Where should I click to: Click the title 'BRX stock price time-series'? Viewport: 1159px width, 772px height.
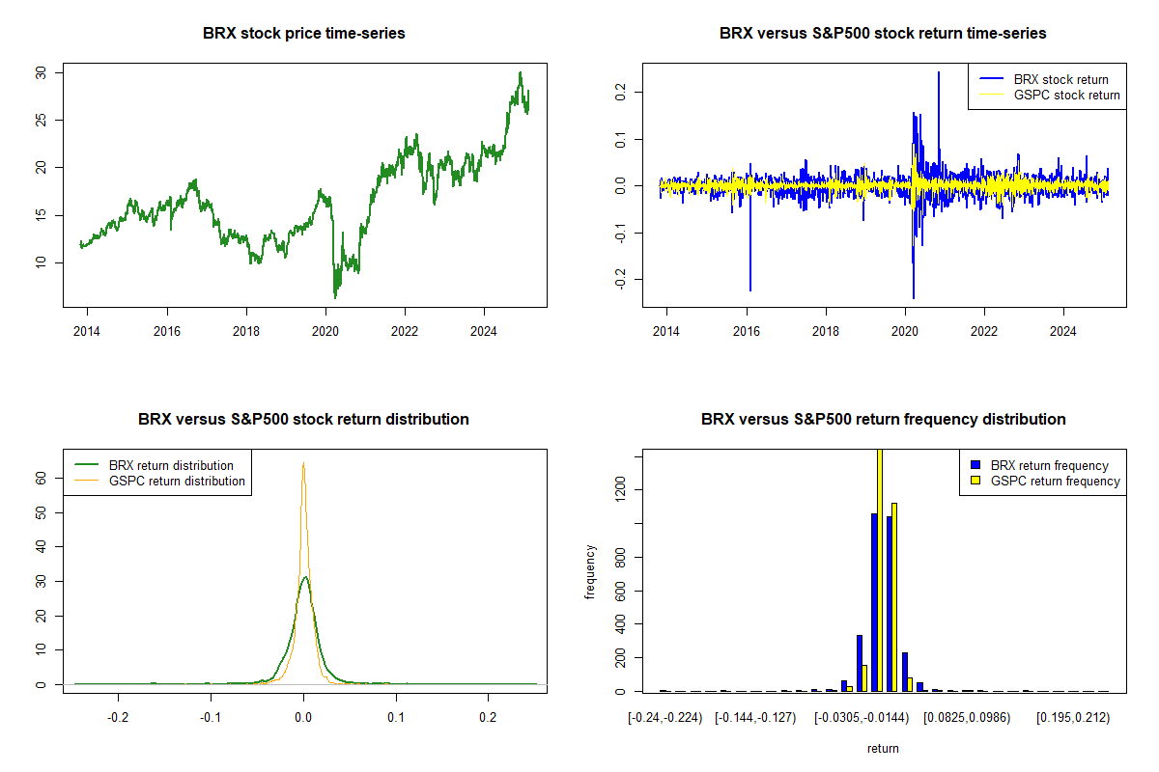click(x=304, y=33)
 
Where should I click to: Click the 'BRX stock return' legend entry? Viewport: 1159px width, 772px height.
click(x=1060, y=79)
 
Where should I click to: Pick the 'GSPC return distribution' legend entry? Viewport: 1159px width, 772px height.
click(x=177, y=481)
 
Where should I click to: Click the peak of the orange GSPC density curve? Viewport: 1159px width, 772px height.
click(x=303, y=464)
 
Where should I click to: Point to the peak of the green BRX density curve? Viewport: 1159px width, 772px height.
click(x=305, y=577)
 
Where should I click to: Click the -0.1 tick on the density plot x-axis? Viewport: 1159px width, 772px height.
click(x=211, y=719)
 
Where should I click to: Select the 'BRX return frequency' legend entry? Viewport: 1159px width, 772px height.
click(x=1049, y=465)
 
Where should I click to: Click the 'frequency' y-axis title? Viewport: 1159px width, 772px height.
click(x=590, y=572)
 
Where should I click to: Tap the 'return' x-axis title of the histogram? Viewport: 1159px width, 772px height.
click(x=883, y=748)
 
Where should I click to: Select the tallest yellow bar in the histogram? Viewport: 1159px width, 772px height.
click(x=880, y=569)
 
